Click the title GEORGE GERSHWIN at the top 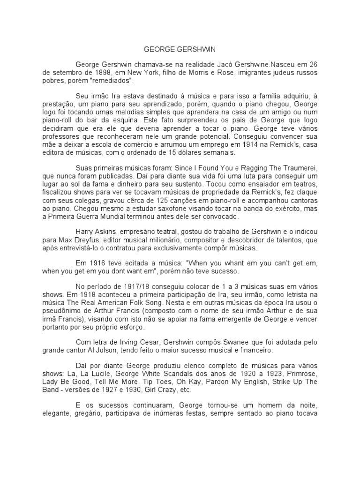[x=180, y=49]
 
